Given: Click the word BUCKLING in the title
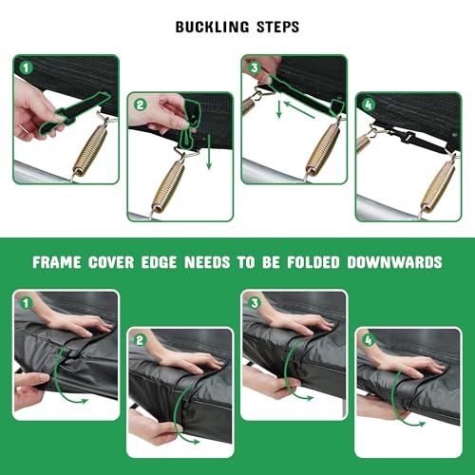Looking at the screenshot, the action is pos(212,27).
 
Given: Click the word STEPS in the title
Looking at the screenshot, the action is pos(277,27).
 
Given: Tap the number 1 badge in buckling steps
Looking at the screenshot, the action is pos(26,67).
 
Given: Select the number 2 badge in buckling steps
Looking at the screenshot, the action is pos(141,104).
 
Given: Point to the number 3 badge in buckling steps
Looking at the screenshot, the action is pos(255,67).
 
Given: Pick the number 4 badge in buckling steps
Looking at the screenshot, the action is pos(369,104).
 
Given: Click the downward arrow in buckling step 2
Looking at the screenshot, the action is pos(209,152).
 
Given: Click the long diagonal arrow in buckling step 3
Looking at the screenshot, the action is pos(299,109).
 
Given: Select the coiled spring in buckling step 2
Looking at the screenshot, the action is pos(168,186).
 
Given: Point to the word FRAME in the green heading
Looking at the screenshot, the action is pos(57,262).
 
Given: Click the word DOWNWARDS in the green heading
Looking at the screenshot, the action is pos(394,262).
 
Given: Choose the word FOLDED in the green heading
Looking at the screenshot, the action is pos(313,262).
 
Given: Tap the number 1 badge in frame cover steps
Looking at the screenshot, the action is pos(26,303).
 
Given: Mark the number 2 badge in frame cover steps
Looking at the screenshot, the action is pos(140,340).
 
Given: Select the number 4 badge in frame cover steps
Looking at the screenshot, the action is pos(368,340).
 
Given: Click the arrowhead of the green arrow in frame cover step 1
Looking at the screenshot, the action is pos(84,401).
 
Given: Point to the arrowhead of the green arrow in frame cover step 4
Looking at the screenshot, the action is pos(422,424).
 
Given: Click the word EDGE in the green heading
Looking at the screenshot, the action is pos(159,262).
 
